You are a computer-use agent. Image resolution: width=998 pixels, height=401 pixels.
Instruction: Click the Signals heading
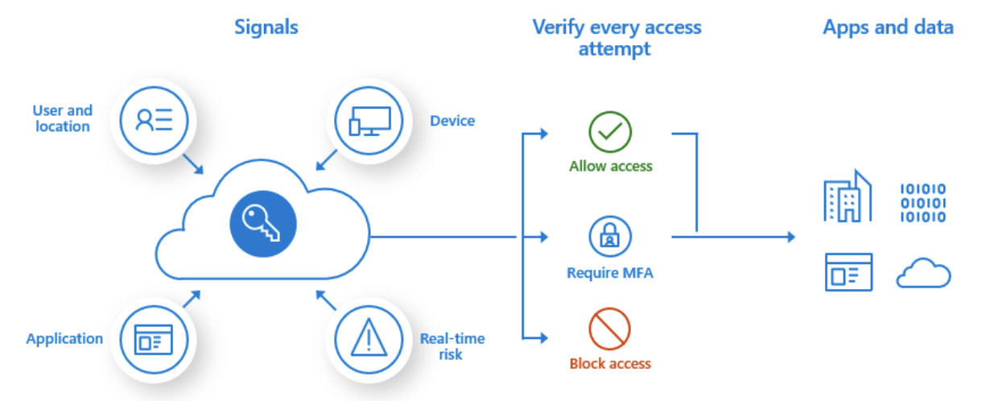[x=266, y=27]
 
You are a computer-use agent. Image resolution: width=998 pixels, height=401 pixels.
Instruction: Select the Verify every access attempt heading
[x=617, y=37]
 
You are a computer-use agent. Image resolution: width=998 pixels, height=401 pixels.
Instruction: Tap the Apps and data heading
[x=888, y=27]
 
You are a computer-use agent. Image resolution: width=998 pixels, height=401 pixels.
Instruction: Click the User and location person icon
[x=154, y=121]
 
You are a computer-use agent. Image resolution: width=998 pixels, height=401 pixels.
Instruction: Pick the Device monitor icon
[x=369, y=121]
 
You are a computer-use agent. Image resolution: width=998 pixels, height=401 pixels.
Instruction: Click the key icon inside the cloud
[x=263, y=220]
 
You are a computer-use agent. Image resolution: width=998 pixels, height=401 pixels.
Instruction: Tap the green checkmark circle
[x=610, y=132]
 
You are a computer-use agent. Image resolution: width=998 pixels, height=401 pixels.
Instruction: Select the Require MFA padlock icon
[x=610, y=236]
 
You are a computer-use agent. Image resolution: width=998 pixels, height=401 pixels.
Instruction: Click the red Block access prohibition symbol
[x=610, y=329]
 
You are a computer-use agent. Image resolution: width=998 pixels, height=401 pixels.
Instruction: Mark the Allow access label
[x=610, y=167]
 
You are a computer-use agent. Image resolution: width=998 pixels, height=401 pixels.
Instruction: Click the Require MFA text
[x=610, y=273]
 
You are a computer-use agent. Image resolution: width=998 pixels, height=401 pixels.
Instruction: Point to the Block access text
[x=610, y=363]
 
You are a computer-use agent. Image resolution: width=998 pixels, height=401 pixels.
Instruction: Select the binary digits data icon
[x=922, y=202]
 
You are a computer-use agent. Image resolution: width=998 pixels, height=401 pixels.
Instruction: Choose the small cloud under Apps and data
[x=923, y=275]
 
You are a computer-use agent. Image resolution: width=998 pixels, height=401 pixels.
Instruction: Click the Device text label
[x=452, y=121]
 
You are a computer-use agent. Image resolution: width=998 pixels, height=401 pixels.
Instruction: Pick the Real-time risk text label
[x=452, y=345]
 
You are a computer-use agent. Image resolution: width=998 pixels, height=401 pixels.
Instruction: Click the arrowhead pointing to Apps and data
[x=790, y=237]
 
